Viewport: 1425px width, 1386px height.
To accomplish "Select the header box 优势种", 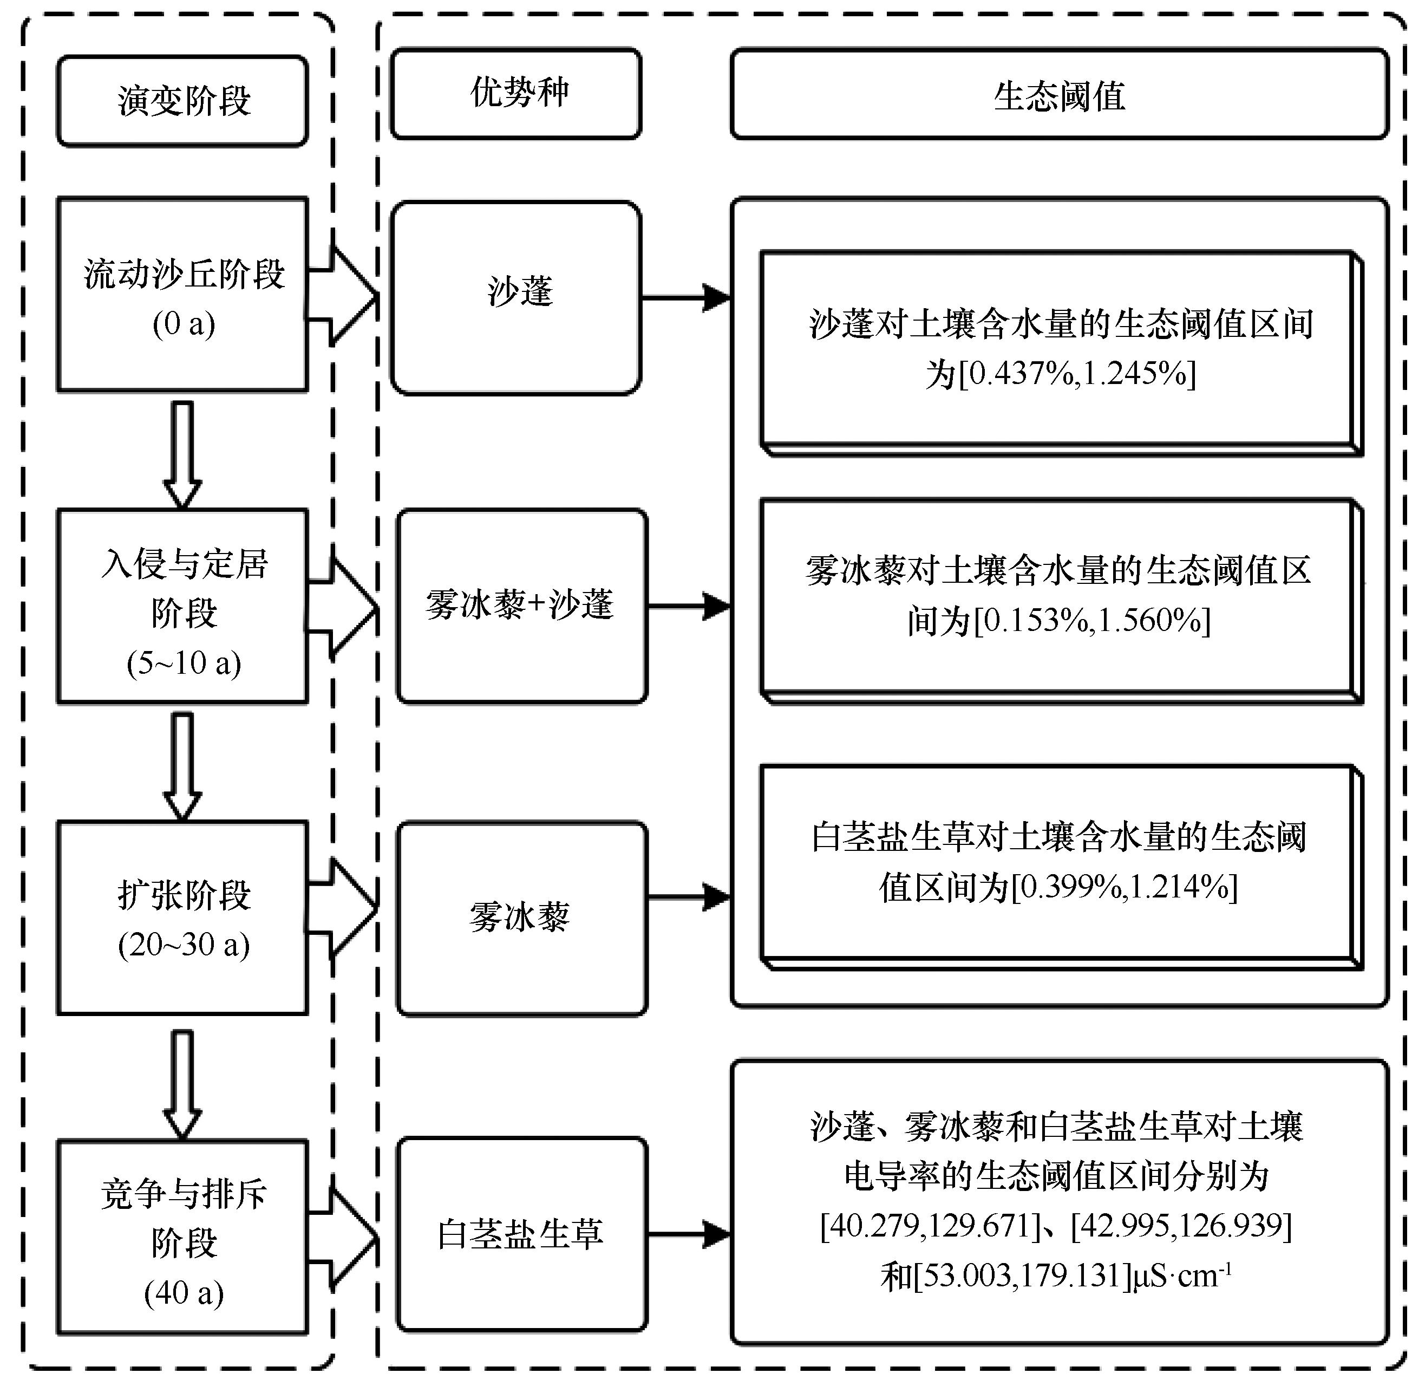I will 516,94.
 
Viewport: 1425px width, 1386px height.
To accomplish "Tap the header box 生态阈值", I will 1059,95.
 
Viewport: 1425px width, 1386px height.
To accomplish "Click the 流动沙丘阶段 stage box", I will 182,295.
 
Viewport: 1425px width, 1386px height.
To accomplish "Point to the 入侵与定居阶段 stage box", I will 182,606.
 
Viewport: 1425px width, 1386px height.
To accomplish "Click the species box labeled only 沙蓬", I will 516,298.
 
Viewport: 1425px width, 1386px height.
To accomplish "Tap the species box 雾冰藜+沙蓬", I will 521,606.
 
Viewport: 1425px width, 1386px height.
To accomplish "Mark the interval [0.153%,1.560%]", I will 1091,620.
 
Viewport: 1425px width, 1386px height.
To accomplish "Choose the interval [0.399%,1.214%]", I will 1125,887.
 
